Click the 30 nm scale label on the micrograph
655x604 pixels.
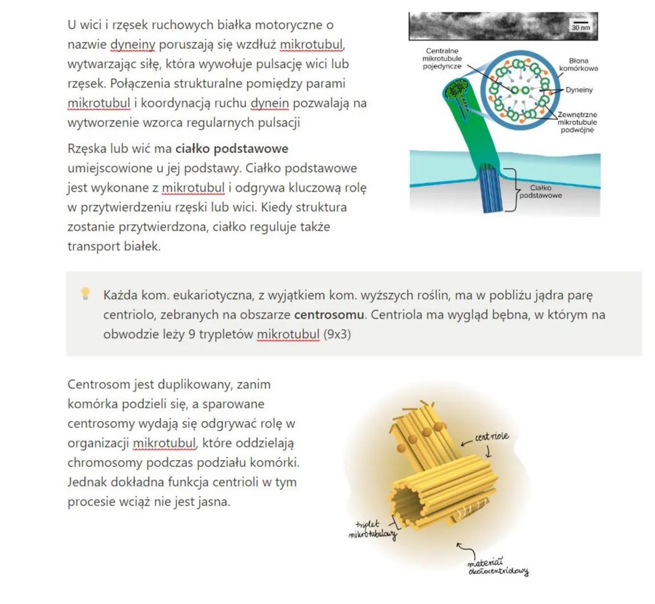coord(581,27)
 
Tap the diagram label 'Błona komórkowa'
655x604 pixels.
coord(578,64)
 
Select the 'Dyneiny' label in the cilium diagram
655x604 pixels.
coord(579,90)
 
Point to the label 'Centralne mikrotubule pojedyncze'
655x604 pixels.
coord(442,58)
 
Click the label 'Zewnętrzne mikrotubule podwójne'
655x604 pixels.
coord(577,122)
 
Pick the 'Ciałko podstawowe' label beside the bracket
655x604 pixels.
coord(540,192)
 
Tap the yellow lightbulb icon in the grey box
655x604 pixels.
coord(86,293)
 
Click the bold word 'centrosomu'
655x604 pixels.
coord(329,314)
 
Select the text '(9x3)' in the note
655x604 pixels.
coord(337,334)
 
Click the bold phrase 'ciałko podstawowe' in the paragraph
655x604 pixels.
coord(232,149)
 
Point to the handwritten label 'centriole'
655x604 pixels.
coord(492,436)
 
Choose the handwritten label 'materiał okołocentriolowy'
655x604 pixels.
coord(497,566)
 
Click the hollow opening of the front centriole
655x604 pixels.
coord(406,501)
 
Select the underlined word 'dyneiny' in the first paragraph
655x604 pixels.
coord(133,44)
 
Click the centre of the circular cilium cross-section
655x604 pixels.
coord(517,89)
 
